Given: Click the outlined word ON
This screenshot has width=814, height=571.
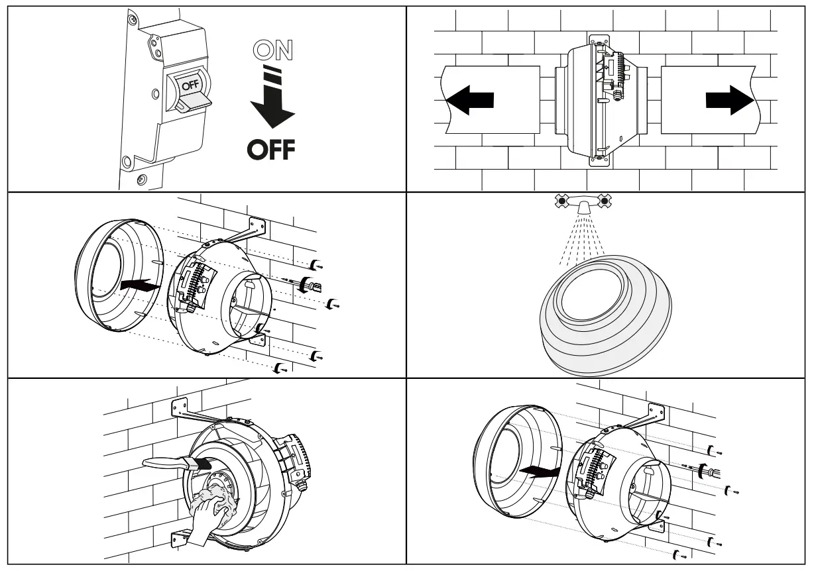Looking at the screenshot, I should [272, 51].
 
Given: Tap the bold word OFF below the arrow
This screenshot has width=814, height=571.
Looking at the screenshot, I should [271, 150].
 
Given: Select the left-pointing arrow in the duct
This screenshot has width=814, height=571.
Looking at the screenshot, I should [470, 99].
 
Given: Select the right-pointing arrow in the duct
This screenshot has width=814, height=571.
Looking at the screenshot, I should [730, 99].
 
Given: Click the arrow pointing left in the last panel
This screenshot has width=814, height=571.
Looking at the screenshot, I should [537, 471].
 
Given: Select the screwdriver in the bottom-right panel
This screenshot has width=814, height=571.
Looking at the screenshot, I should [704, 472].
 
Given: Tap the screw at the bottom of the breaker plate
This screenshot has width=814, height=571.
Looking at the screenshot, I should [140, 180].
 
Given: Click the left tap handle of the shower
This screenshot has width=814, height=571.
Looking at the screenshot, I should [562, 199].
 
